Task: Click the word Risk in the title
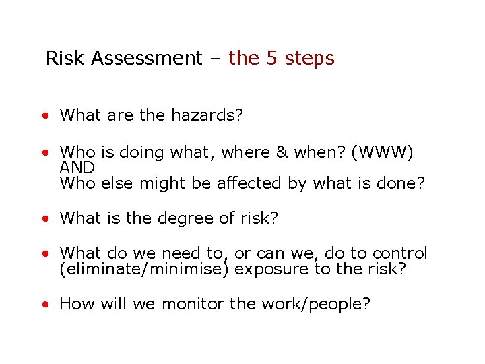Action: point(66,58)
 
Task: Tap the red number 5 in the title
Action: point(272,58)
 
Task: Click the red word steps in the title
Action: point(310,59)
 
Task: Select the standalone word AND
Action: point(77,167)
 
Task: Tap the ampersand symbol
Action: point(282,153)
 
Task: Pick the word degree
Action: point(187,218)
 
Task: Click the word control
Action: point(399,253)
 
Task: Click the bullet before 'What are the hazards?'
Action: point(43,116)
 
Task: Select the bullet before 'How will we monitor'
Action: point(43,305)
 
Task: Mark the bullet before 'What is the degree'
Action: point(43,219)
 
